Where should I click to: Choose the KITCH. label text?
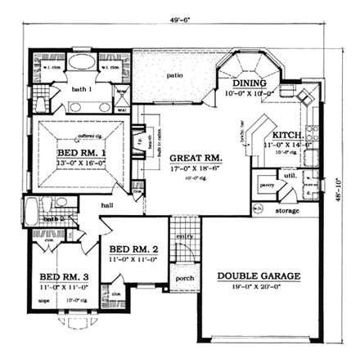pos(289,135)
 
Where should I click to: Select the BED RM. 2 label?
pos(134,249)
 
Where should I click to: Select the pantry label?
pos(266,187)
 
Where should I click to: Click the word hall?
pos(108,206)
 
